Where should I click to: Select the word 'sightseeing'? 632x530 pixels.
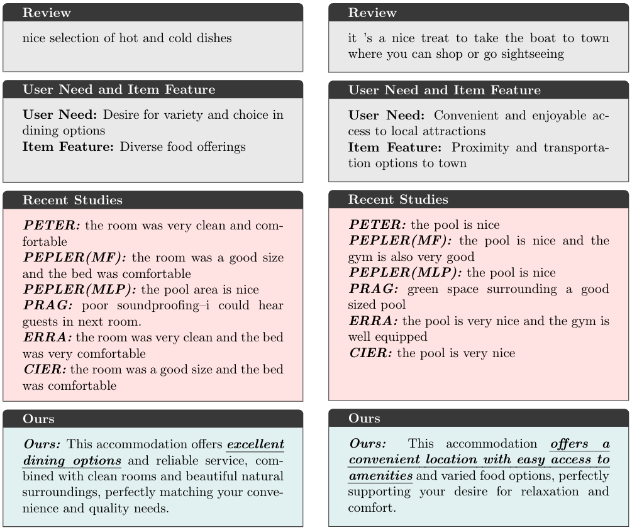(x=530, y=54)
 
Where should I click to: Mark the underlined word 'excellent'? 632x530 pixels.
(x=255, y=444)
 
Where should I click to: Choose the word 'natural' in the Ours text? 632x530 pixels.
(x=262, y=477)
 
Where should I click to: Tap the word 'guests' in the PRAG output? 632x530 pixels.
(x=40, y=321)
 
